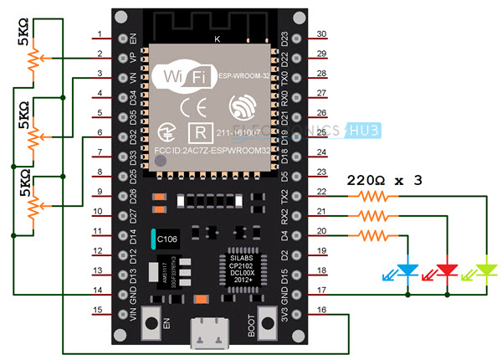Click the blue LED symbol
click(408, 270)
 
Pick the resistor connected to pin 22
click(371, 198)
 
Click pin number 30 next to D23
click(320, 35)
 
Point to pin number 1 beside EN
click(100, 35)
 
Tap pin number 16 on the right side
click(320, 310)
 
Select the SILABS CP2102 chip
click(242, 270)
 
